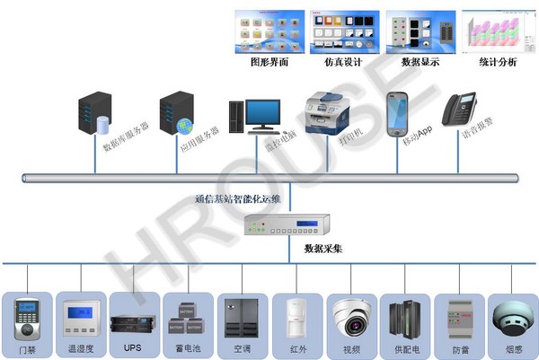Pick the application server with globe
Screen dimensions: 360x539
pyautogui.click(x=176, y=113)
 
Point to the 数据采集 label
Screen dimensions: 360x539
pyautogui.click(x=324, y=248)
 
